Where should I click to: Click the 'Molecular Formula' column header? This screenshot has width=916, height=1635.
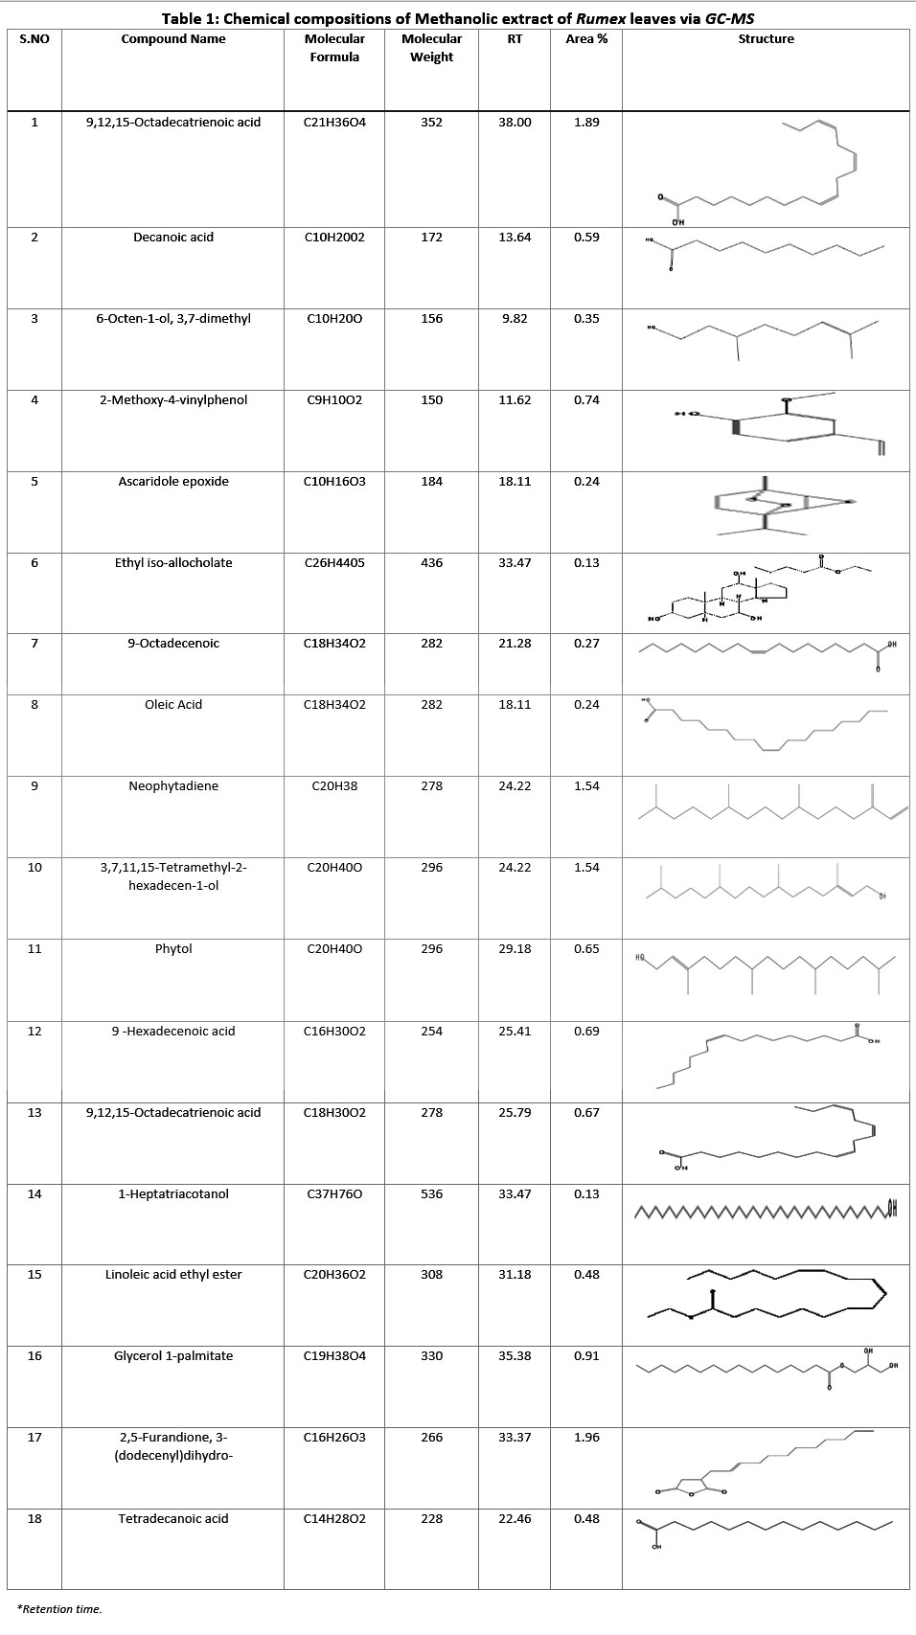click(334, 48)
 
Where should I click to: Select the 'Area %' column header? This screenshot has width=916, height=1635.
click(586, 39)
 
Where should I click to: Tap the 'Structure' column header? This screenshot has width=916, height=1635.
click(766, 39)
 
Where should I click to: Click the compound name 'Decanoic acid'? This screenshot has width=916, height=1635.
click(173, 238)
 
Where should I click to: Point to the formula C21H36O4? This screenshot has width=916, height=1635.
click(334, 123)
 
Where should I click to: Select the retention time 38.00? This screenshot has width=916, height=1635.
click(515, 123)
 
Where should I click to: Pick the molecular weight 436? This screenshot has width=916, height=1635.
click(431, 563)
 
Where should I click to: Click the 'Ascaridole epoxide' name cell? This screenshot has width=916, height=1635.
click(173, 482)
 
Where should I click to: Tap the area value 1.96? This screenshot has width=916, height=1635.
click(586, 1438)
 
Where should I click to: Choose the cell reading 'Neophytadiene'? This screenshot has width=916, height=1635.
click(173, 786)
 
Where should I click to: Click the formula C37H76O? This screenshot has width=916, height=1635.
click(334, 1194)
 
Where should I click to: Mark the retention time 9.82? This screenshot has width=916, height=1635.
click(515, 319)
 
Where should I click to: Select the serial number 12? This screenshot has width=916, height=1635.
click(34, 1032)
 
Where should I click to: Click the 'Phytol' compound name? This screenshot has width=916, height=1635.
click(173, 949)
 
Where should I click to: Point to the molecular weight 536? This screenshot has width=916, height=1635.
click(431, 1194)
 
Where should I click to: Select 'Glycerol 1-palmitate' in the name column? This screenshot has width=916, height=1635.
click(173, 1356)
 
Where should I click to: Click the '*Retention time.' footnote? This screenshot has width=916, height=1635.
click(59, 1609)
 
